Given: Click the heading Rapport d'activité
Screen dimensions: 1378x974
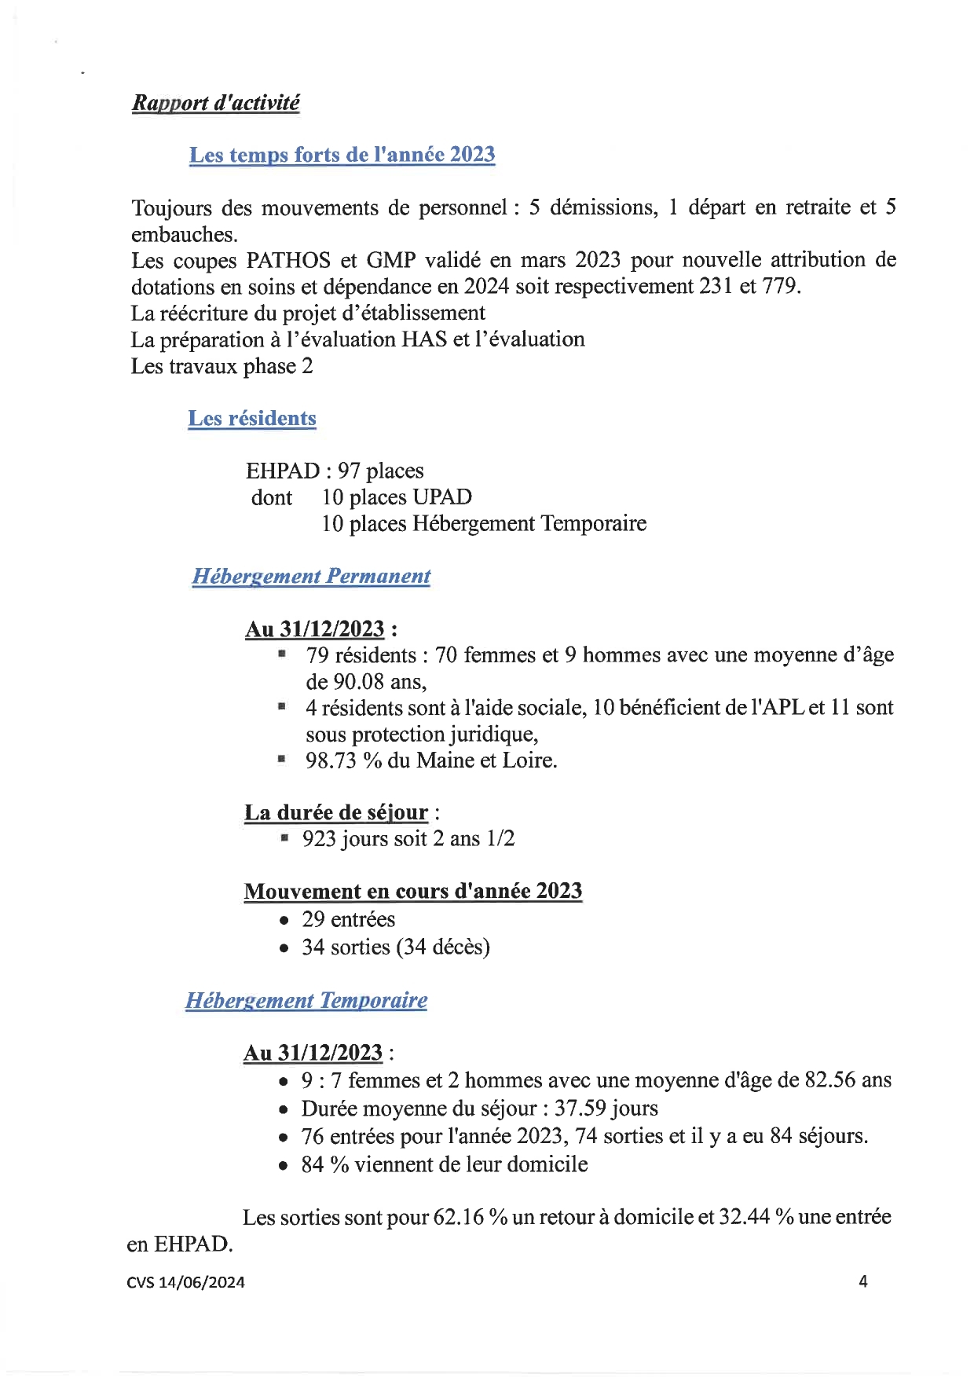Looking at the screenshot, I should (215, 103).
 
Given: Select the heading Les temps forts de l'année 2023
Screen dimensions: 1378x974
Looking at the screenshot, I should (342, 155).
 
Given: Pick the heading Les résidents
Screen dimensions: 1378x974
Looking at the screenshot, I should (252, 418).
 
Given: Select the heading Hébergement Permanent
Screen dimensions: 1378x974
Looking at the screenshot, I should (311, 576).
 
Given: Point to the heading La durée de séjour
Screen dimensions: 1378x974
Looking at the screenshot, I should (336, 812).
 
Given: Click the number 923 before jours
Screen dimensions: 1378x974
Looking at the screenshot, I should (319, 839).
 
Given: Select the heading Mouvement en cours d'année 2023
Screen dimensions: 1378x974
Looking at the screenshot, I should (413, 892).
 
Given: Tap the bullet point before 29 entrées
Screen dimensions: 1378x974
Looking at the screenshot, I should (284, 921).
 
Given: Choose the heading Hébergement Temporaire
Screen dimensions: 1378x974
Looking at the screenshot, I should (306, 1000).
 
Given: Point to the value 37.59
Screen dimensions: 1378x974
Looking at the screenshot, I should (580, 1109).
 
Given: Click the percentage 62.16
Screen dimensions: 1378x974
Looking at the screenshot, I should (458, 1217).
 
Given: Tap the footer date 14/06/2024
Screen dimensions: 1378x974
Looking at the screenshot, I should (202, 1282).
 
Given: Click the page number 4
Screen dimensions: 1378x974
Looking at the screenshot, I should (863, 1281).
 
